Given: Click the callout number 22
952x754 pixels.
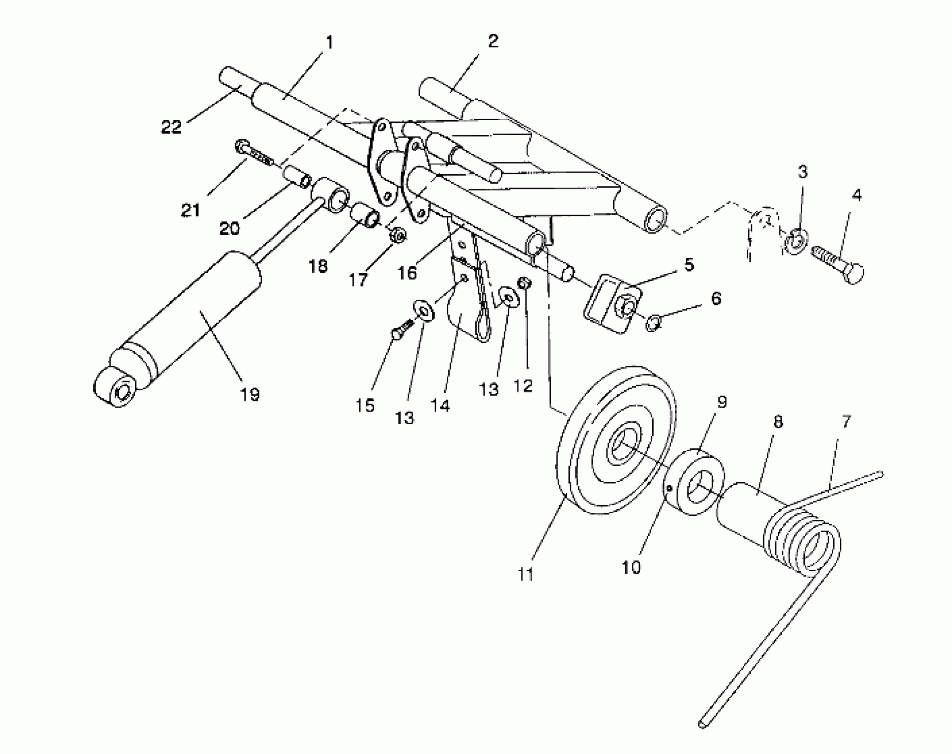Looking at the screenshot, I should tap(171, 127).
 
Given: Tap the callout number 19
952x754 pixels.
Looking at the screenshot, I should tap(250, 393).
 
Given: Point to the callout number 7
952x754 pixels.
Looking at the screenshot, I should tap(846, 422).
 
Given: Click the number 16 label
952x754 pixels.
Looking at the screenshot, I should tap(407, 273).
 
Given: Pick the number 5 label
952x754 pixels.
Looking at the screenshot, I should tap(689, 265).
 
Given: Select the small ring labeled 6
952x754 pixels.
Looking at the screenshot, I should tap(653, 323).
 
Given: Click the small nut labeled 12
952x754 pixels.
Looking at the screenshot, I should tap(524, 283).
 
